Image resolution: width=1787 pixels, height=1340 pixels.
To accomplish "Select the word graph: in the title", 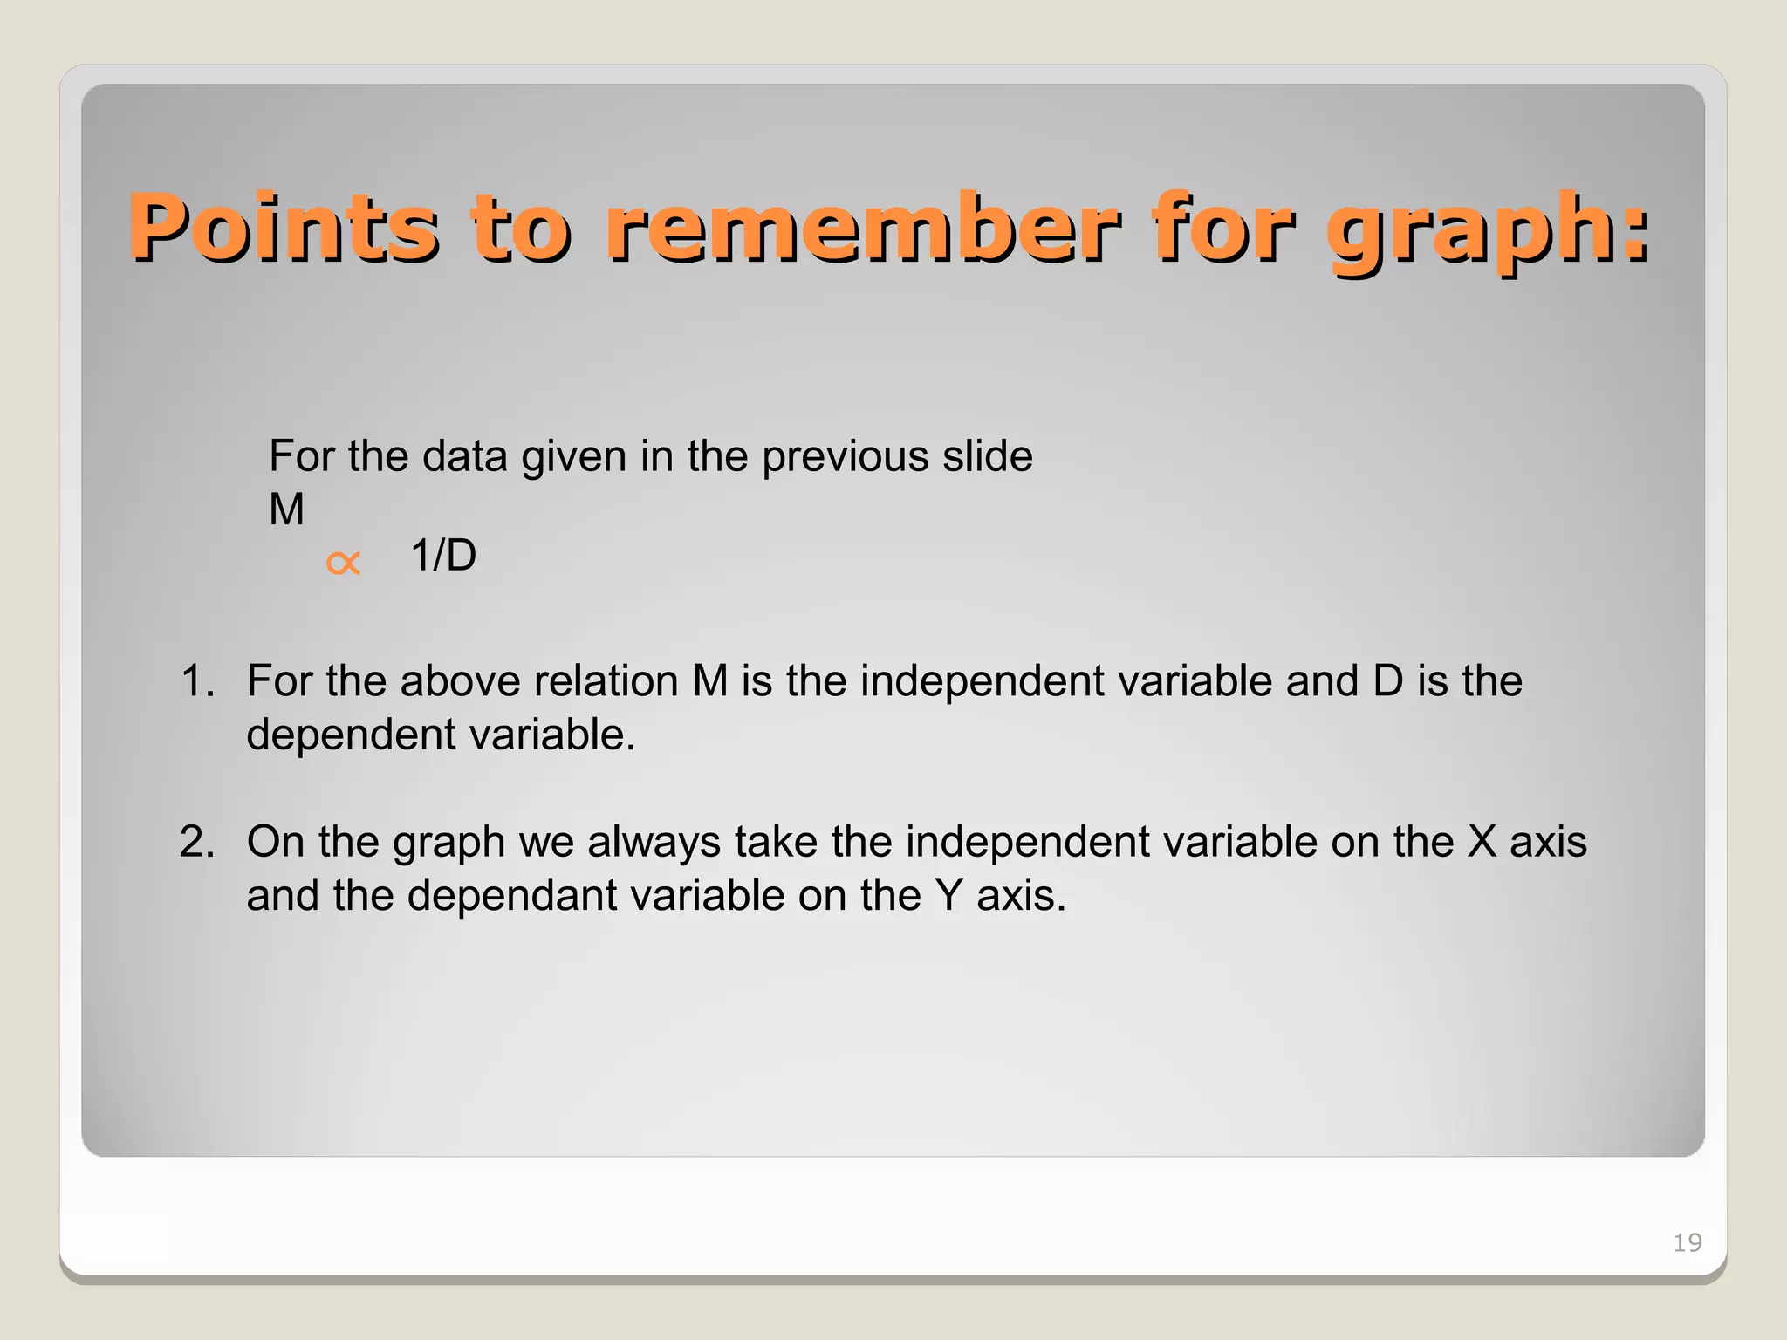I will pos(1488,229).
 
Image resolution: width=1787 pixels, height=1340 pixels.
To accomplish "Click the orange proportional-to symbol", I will pos(343,563).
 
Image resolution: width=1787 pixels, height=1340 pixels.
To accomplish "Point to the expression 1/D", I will pos(443,556).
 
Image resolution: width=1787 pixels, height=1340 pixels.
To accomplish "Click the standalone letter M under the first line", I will pos(286,509).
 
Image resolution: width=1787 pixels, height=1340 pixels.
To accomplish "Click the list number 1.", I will pos(197,680).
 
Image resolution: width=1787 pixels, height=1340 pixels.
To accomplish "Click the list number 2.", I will pos(197,842).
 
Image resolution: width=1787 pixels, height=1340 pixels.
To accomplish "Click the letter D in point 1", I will pos(1387,680).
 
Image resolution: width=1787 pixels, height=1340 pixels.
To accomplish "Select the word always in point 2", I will pos(654,842).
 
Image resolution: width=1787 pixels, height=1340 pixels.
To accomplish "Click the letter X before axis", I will pos(1482,842).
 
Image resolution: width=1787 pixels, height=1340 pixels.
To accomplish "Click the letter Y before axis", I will pos(948,896).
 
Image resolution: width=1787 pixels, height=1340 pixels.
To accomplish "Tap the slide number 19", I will pos(1687,1242).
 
